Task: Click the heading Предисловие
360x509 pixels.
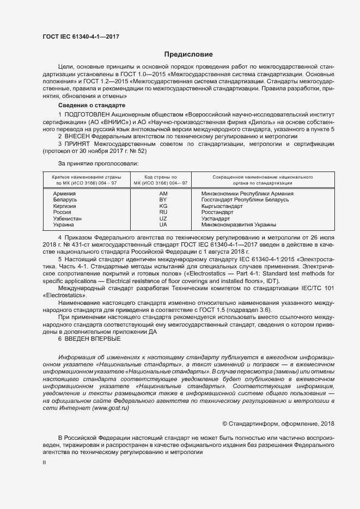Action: (189, 54)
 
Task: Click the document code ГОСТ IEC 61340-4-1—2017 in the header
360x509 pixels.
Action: (81, 37)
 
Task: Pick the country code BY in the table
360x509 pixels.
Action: (163, 200)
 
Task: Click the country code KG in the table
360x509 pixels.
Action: (163, 206)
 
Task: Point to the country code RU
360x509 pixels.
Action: (163, 212)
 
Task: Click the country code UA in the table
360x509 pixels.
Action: (163, 224)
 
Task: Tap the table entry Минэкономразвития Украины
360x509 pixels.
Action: (239, 224)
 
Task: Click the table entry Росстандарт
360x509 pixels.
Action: (217, 212)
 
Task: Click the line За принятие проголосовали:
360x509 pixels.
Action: (98, 163)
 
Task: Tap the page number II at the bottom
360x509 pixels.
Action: (44, 462)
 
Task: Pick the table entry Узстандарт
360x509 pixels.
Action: (216, 218)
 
